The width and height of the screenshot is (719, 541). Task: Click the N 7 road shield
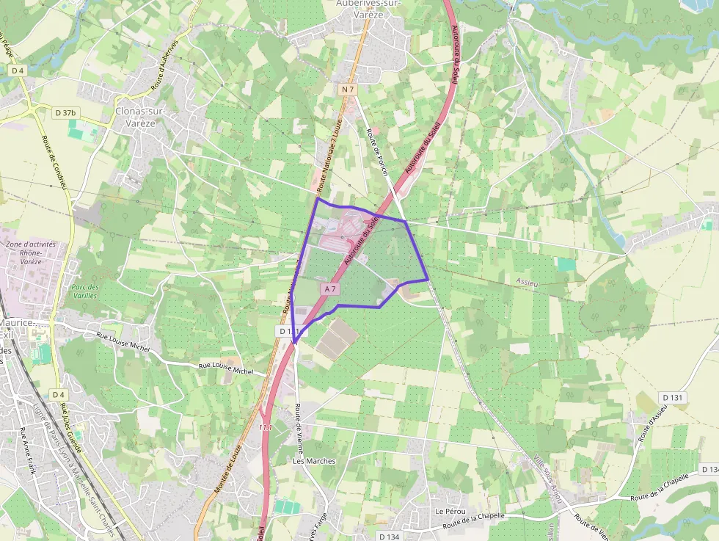tap(348, 90)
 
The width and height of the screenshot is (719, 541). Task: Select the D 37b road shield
tap(65, 113)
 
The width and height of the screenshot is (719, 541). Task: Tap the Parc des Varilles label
tap(86, 291)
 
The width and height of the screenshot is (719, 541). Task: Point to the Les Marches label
tap(314, 461)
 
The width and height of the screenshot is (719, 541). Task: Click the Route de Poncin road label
tap(376, 153)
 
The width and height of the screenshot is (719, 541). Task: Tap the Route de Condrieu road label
tap(55, 161)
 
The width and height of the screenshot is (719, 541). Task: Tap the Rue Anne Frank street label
tap(27, 451)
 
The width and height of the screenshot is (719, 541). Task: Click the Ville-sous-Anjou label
tap(549, 478)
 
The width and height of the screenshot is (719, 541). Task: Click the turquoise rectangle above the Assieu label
tap(566, 264)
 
